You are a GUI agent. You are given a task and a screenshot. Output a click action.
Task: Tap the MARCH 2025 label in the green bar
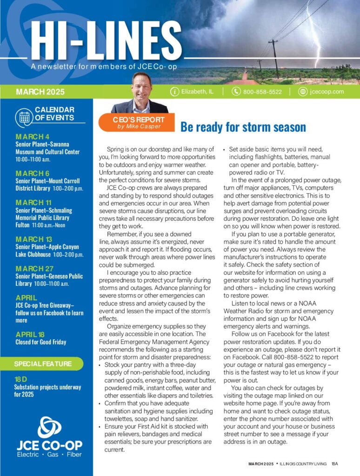pyautogui.click(x=40, y=92)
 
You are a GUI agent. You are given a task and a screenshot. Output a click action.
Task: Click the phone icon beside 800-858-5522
pyautogui.click(x=236, y=92)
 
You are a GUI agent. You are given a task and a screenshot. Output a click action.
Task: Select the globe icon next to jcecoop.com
pyautogui.click(x=303, y=92)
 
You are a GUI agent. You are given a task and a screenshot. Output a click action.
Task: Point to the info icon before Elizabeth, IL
pyautogui.click(x=174, y=92)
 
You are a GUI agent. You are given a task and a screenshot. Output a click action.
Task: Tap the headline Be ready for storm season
pyautogui.click(x=243, y=127)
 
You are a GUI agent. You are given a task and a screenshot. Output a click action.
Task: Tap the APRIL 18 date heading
pyautogui.click(x=31, y=334)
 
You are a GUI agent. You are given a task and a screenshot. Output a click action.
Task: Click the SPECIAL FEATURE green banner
pyautogui.click(x=42, y=364)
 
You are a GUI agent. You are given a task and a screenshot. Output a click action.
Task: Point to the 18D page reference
pyautogui.click(x=21, y=379)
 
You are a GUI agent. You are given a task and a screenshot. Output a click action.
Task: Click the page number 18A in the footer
pyautogui.click(x=335, y=463)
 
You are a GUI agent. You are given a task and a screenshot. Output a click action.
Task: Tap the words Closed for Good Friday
pyautogui.click(x=40, y=342)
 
